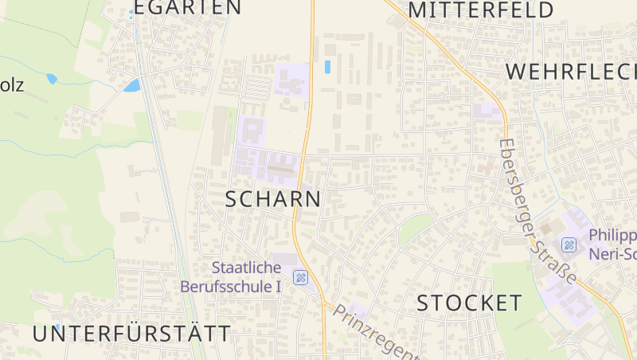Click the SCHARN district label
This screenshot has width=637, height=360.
[x=273, y=199]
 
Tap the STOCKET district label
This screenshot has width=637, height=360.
[x=470, y=303]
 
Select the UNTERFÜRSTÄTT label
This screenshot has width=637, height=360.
[x=132, y=334]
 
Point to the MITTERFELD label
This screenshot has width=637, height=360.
[x=481, y=10]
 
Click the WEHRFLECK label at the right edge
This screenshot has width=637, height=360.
[x=571, y=72]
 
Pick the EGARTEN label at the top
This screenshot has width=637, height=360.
[x=187, y=8]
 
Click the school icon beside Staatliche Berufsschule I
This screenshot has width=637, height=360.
[x=300, y=277]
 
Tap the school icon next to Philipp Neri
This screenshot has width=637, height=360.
[x=569, y=245]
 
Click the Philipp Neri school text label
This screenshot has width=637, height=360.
[x=612, y=245]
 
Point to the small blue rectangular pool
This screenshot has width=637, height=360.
[x=327, y=67]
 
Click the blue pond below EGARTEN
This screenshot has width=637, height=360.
[x=131, y=84]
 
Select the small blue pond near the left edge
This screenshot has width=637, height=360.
[x=52, y=79]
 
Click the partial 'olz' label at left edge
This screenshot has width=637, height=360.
[x=12, y=85]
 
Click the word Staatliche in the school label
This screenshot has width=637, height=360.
[x=247, y=268]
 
